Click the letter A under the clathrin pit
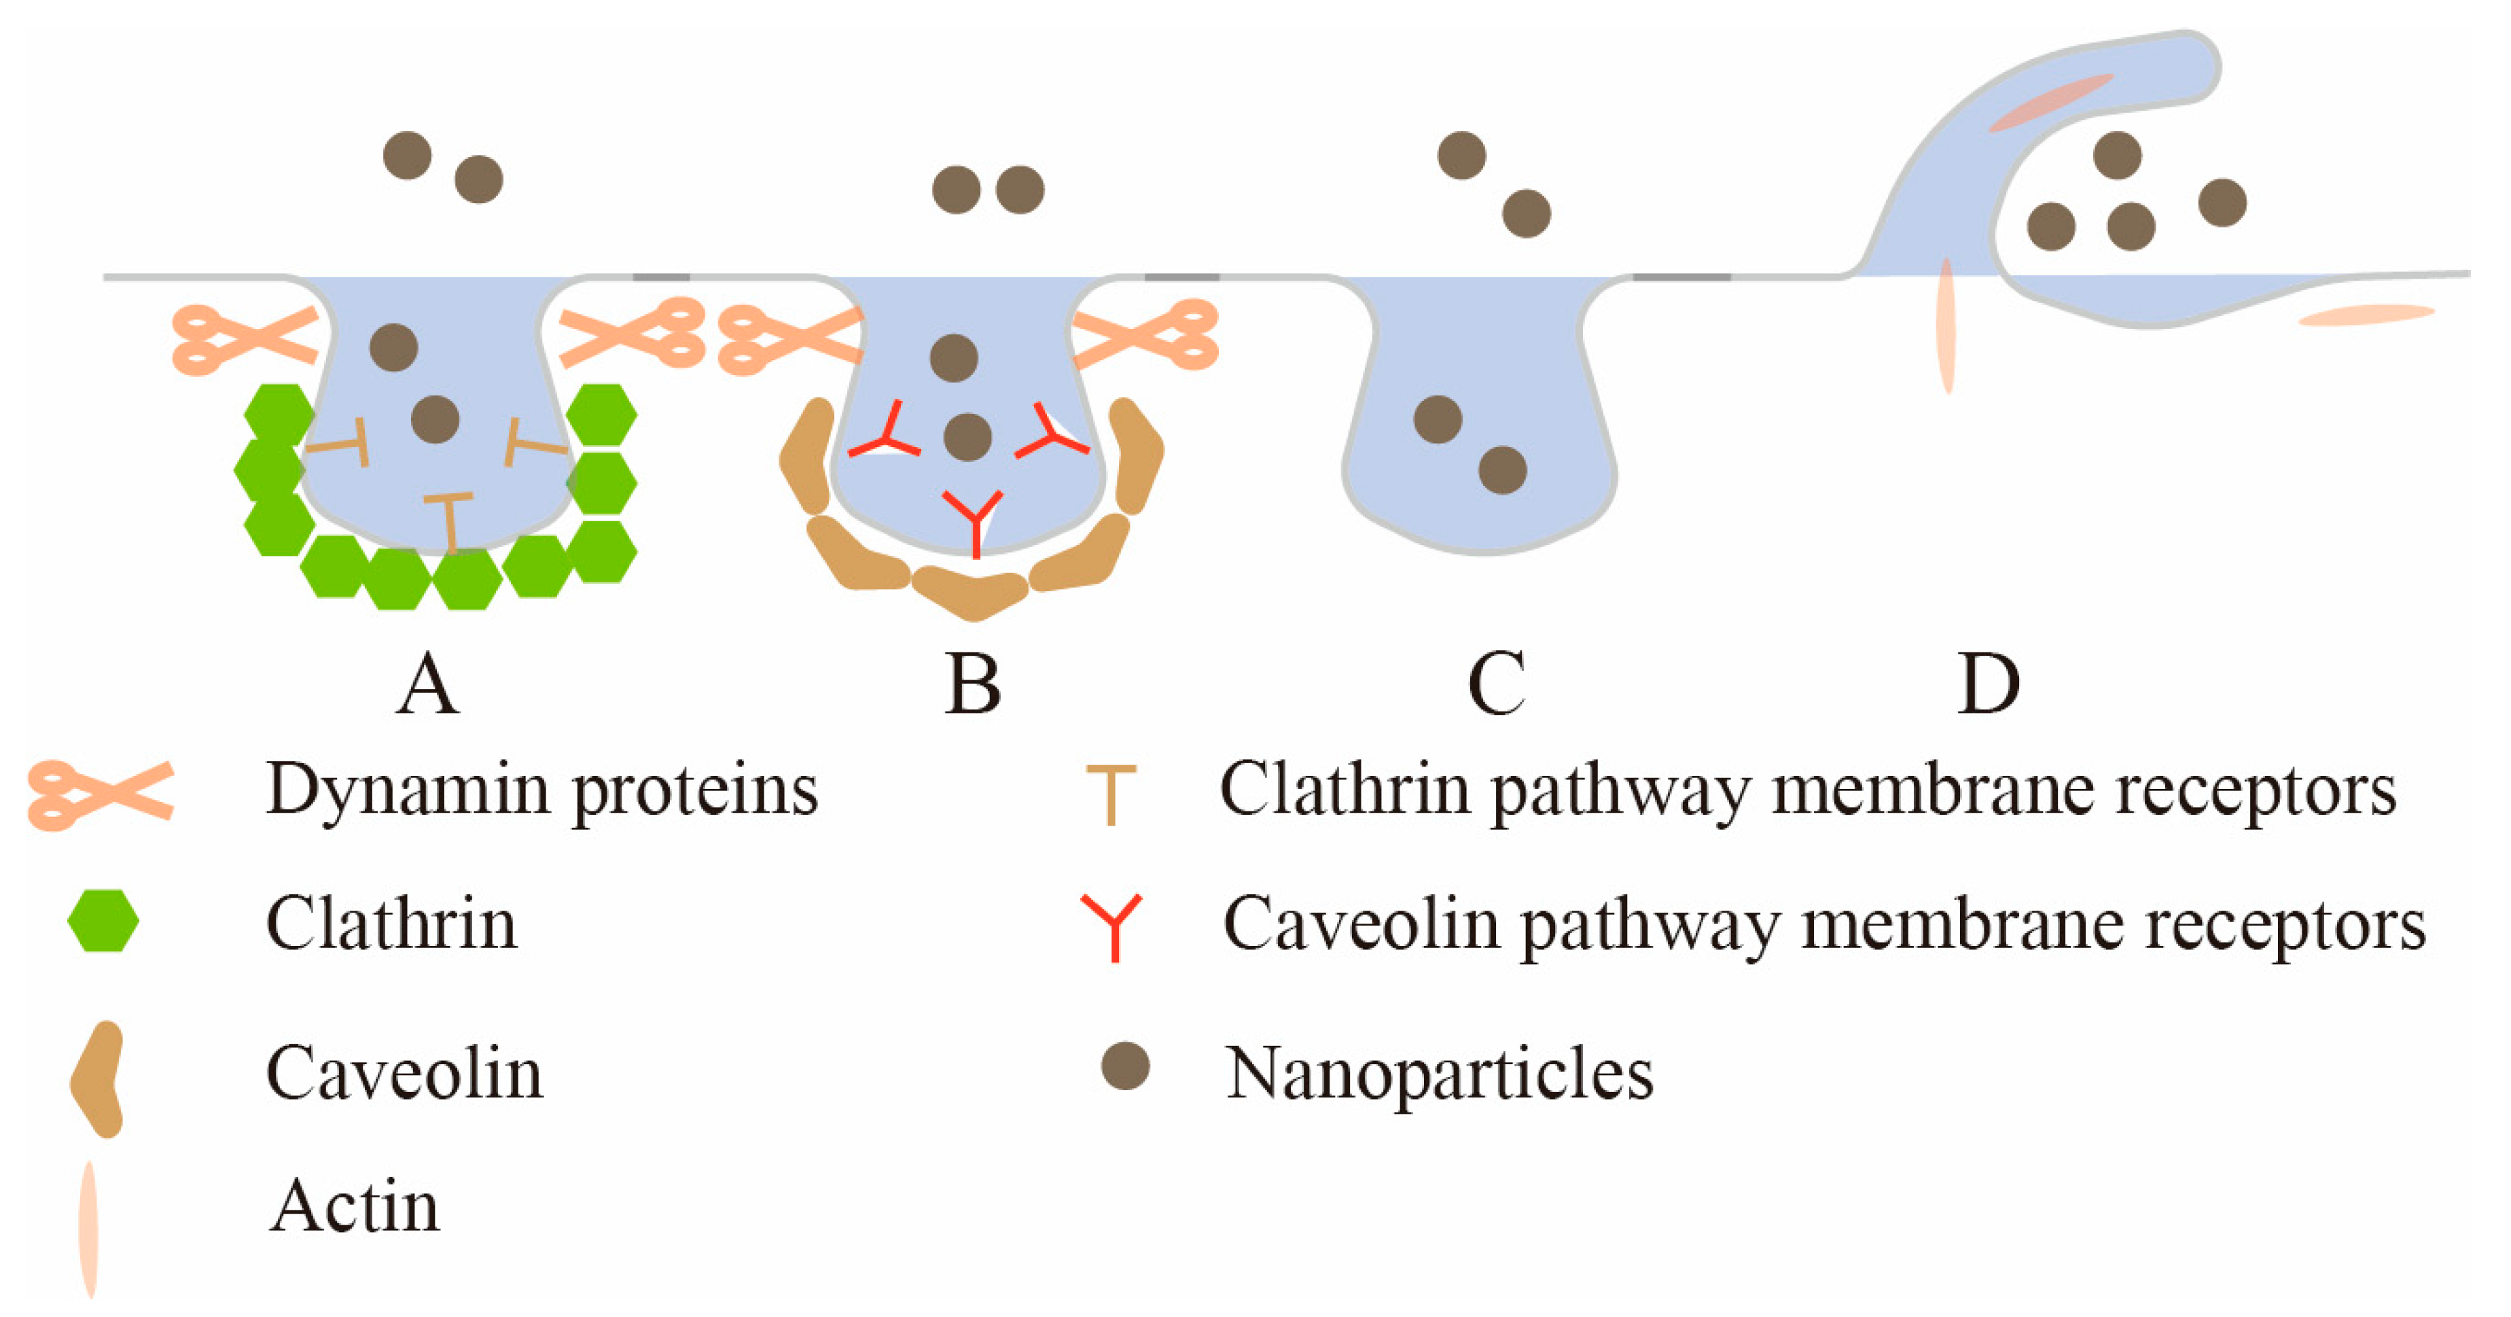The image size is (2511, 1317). pyautogui.click(x=427, y=684)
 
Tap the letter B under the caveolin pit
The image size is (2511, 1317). pyautogui.click(x=972, y=684)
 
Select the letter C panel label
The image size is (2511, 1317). pyautogui.click(x=1495, y=684)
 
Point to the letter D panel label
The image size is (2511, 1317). pyautogui.click(x=1989, y=684)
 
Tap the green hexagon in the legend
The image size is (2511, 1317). pyautogui.click(x=103, y=920)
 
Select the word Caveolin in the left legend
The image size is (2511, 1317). pyautogui.click(x=404, y=1073)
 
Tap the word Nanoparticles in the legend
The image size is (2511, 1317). pyautogui.click(x=1439, y=1073)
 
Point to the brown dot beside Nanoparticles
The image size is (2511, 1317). pyautogui.click(x=1125, y=1066)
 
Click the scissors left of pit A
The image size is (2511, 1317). pyautogui.click(x=244, y=339)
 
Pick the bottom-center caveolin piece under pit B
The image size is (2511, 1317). pyautogui.click(x=971, y=593)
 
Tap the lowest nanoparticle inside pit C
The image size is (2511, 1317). pyautogui.click(x=1502, y=470)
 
